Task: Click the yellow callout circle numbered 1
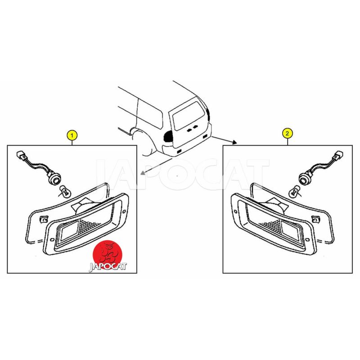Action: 72,135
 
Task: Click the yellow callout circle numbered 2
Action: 288,133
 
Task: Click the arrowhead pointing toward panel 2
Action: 234,142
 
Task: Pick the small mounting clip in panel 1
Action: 43,220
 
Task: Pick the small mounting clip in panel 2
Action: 316,220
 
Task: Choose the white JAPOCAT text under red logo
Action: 108,267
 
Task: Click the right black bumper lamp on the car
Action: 204,137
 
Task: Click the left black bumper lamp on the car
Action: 179,151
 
